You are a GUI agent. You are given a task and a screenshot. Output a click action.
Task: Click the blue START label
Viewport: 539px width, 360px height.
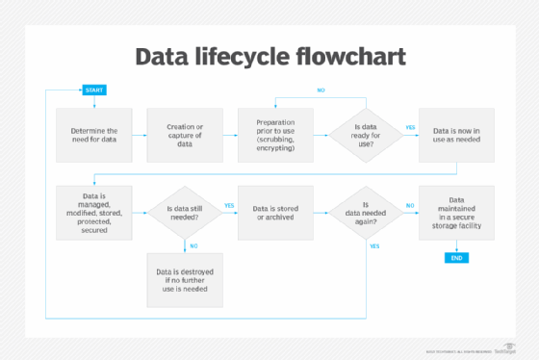(x=94, y=90)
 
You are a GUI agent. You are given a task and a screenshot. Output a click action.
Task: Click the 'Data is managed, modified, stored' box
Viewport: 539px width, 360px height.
(x=94, y=211)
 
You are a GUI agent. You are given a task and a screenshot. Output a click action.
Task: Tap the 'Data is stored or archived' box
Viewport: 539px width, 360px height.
(x=275, y=212)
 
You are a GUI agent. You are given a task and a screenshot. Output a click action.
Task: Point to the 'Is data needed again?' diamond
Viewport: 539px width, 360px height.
(x=365, y=212)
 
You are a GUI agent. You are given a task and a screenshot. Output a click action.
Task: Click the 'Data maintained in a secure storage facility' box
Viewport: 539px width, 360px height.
(x=455, y=212)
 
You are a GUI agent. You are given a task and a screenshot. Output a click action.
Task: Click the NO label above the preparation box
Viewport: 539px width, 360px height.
(x=321, y=90)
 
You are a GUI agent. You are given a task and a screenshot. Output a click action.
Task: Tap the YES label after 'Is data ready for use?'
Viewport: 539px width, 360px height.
(x=410, y=127)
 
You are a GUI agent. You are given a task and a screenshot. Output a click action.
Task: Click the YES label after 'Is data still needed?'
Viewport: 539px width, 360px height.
(x=229, y=205)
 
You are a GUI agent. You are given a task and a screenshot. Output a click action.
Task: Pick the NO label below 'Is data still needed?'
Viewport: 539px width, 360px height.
(x=193, y=244)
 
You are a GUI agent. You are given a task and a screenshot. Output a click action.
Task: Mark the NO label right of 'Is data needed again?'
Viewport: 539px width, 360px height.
(x=410, y=205)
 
